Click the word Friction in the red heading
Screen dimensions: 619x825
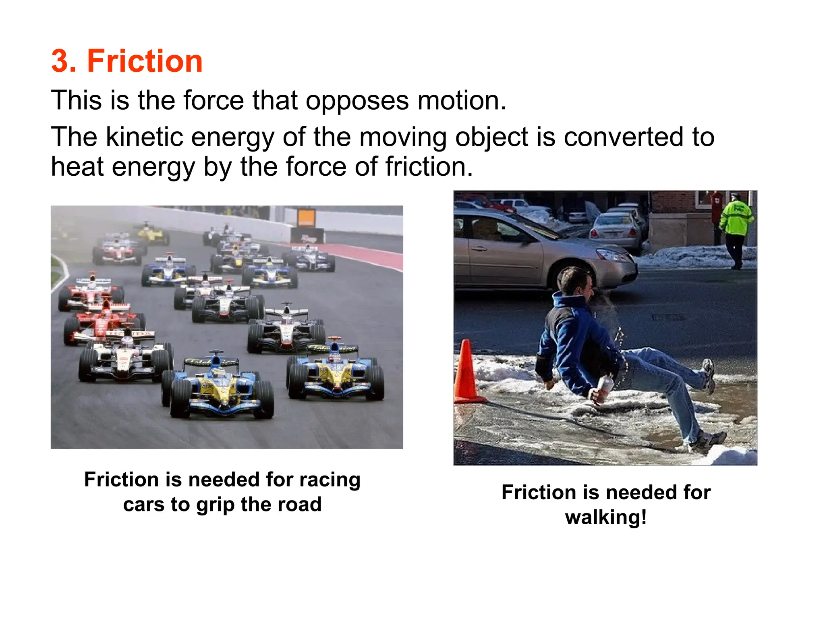(x=145, y=61)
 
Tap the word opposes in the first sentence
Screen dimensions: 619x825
(x=357, y=101)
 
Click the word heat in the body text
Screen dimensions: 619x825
(x=77, y=166)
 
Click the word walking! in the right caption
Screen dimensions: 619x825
(x=606, y=517)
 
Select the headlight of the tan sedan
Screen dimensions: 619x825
(x=611, y=255)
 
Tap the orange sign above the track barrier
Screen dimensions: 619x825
(x=306, y=218)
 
